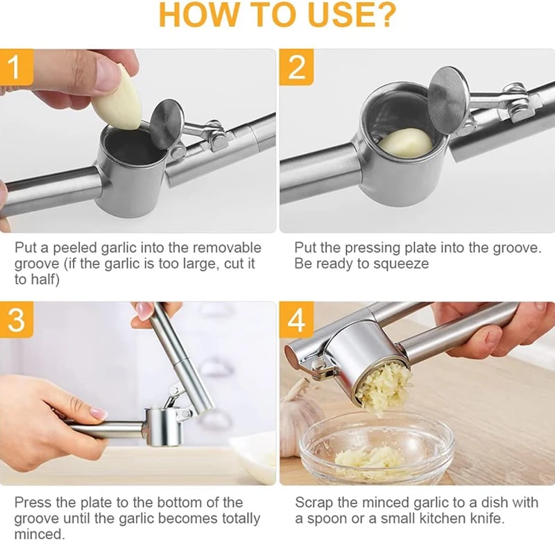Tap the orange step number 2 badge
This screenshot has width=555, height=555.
(x=296, y=67)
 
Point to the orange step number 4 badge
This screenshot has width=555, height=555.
(x=296, y=321)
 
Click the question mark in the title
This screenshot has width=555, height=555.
(x=383, y=15)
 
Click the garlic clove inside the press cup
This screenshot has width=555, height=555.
(x=405, y=142)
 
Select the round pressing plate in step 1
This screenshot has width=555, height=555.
(x=167, y=124)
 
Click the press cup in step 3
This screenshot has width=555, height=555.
(x=162, y=426)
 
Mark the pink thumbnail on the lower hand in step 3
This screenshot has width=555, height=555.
(x=98, y=413)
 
